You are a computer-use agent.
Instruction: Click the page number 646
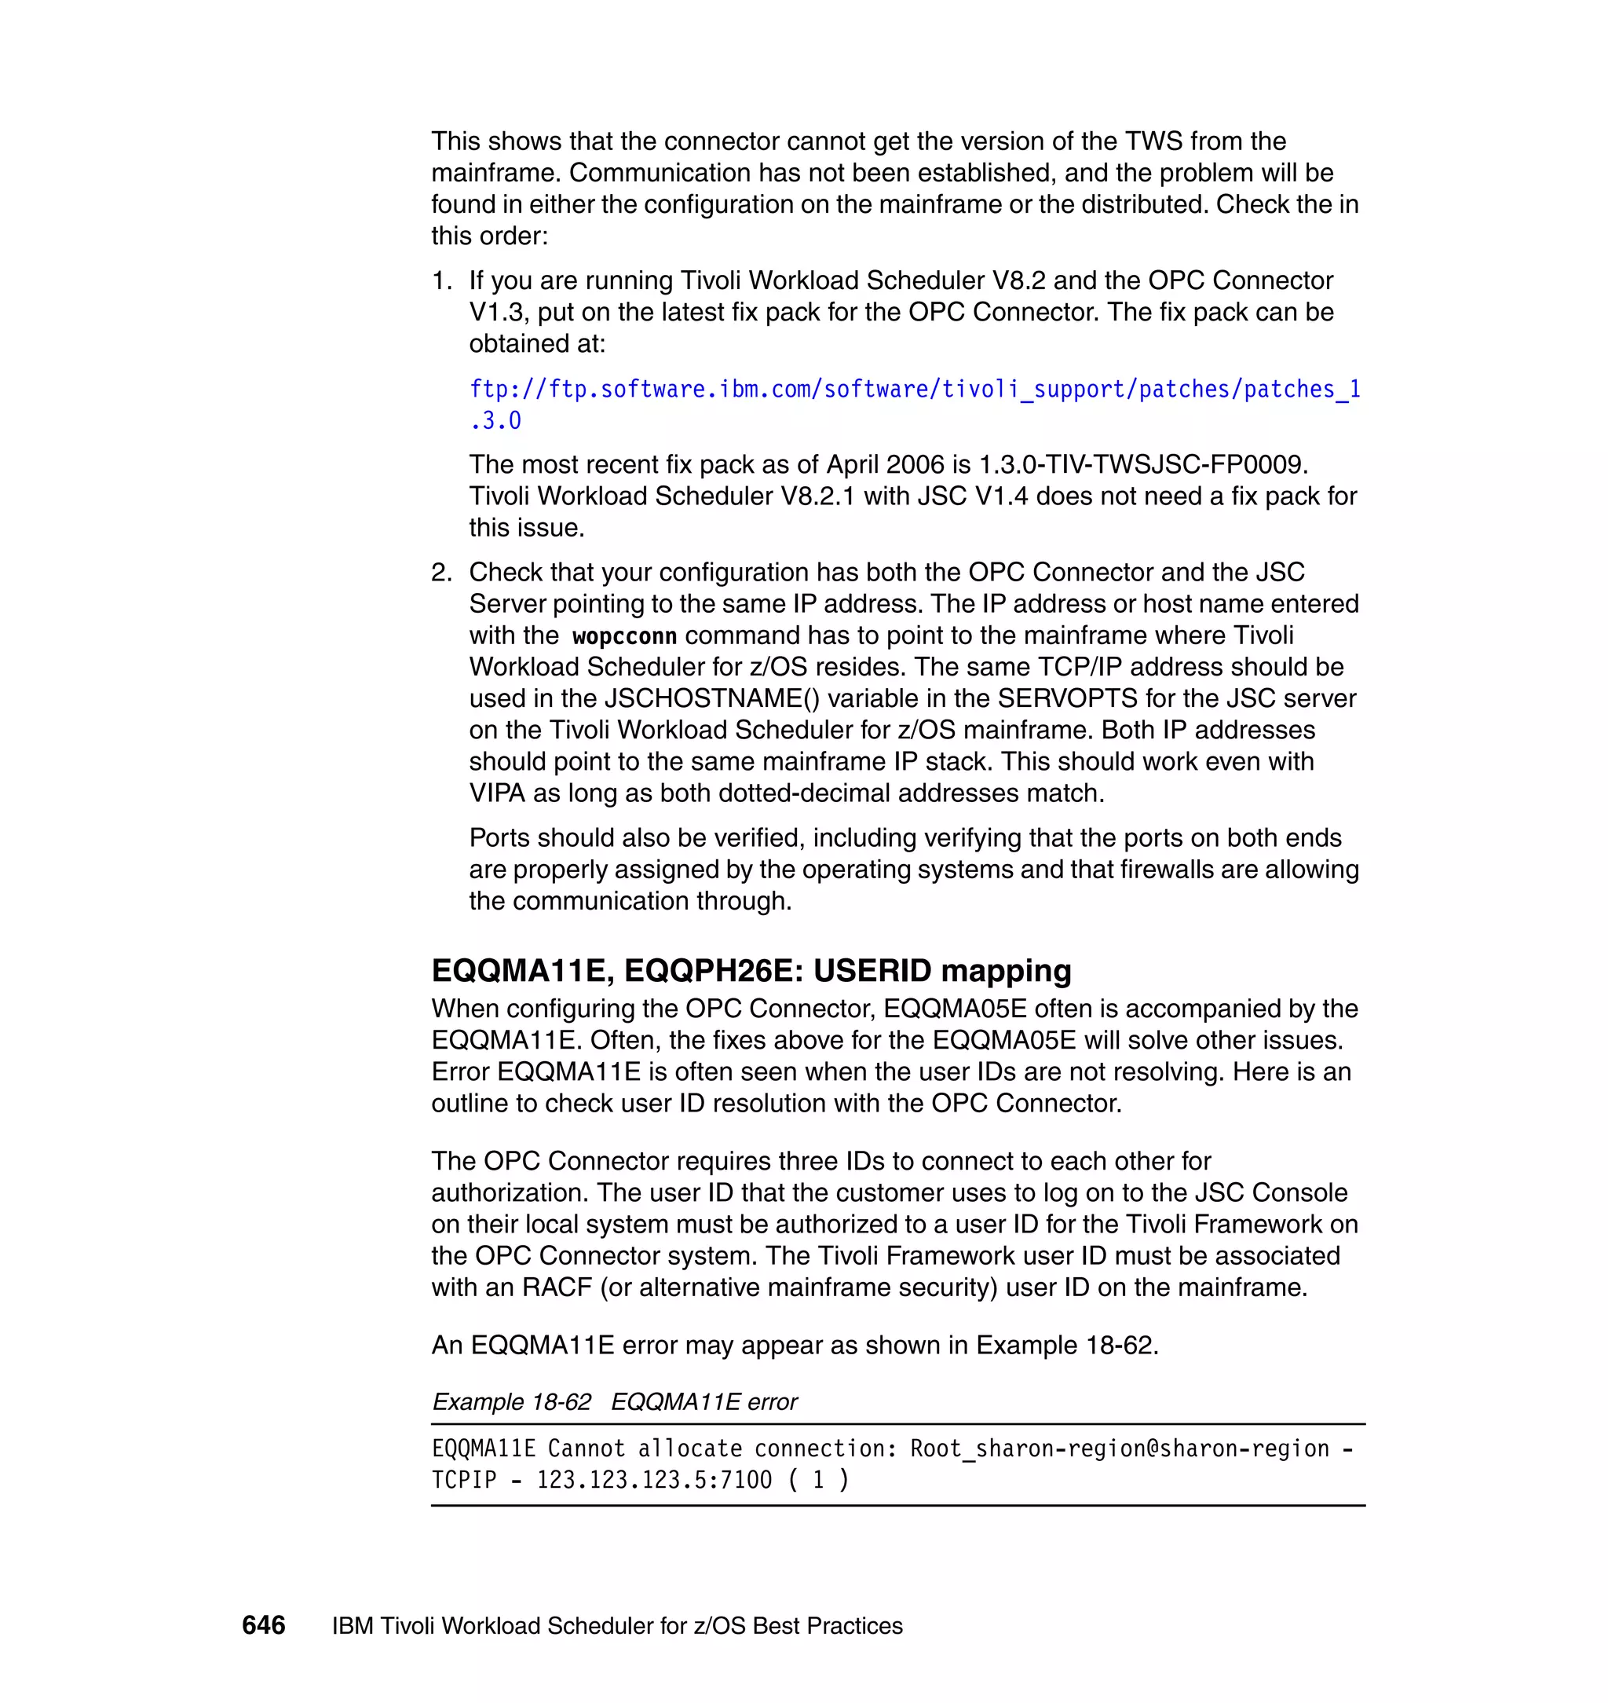(263, 1625)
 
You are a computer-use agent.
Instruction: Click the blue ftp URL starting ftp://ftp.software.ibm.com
(914, 390)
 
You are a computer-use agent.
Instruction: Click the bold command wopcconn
(624, 636)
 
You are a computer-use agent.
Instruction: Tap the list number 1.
(440, 280)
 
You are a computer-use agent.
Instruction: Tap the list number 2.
(440, 572)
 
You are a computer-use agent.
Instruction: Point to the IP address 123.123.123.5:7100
(654, 1480)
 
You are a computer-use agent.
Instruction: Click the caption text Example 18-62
(512, 1402)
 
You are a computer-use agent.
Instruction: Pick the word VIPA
(497, 793)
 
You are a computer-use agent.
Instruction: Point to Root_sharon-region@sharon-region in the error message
(1119, 1449)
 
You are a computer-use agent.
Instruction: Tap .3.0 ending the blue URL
(495, 421)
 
